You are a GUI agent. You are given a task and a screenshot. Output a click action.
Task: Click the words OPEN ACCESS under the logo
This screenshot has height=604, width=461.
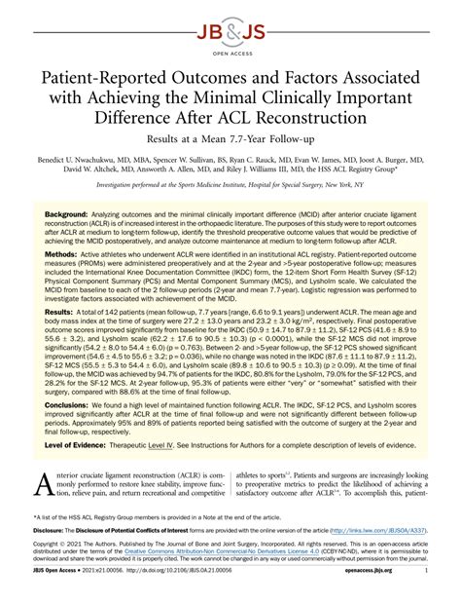[230, 44]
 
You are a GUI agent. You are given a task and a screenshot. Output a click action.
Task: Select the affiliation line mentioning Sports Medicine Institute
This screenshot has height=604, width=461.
[230, 182]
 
